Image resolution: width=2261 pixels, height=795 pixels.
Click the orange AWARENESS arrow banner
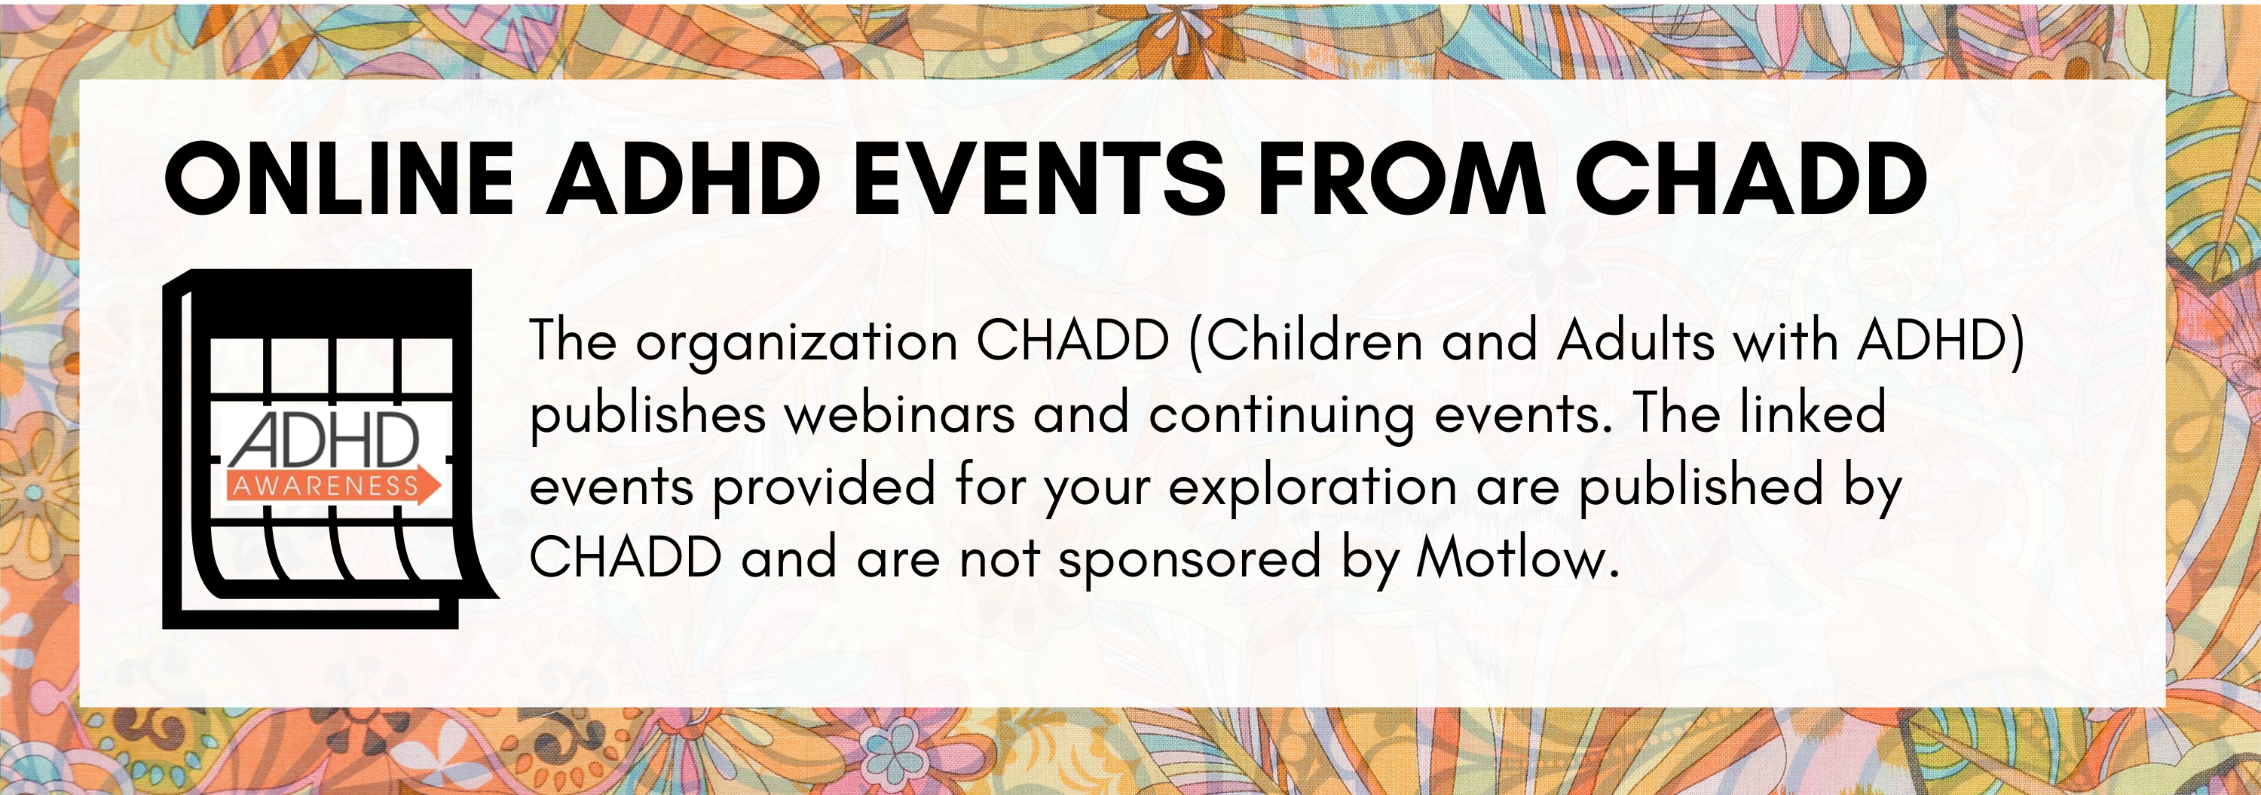(x=334, y=485)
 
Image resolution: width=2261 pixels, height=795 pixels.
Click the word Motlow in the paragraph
(x=1516, y=558)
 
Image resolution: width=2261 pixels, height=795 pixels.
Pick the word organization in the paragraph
(x=796, y=342)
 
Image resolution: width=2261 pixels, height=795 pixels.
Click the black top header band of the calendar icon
(x=329, y=303)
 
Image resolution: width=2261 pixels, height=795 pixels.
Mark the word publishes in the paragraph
(x=647, y=415)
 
